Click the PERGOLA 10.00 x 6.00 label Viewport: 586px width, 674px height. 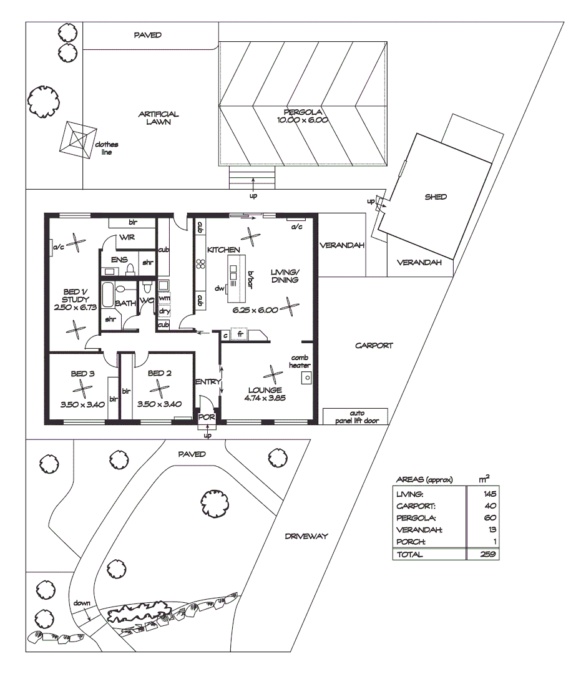coord(303,116)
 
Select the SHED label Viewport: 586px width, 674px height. coord(436,197)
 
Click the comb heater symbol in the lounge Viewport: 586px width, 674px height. coord(306,378)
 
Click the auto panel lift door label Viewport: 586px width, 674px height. coord(355,417)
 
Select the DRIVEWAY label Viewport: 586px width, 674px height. coord(306,536)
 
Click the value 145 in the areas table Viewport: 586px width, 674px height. coord(489,494)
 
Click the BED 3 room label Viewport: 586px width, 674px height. coord(82,374)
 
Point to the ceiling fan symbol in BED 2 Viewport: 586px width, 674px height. coord(160,388)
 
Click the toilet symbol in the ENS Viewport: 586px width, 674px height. coord(131,269)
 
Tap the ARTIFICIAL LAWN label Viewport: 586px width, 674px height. coord(159,118)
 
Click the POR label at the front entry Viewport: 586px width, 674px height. coord(206,417)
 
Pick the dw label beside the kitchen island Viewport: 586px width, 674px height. coord(219,288)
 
